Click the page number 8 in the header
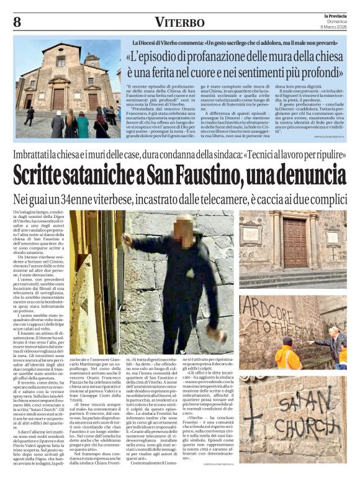[x=17, y=22]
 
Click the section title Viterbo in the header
[x=179, y=22]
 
